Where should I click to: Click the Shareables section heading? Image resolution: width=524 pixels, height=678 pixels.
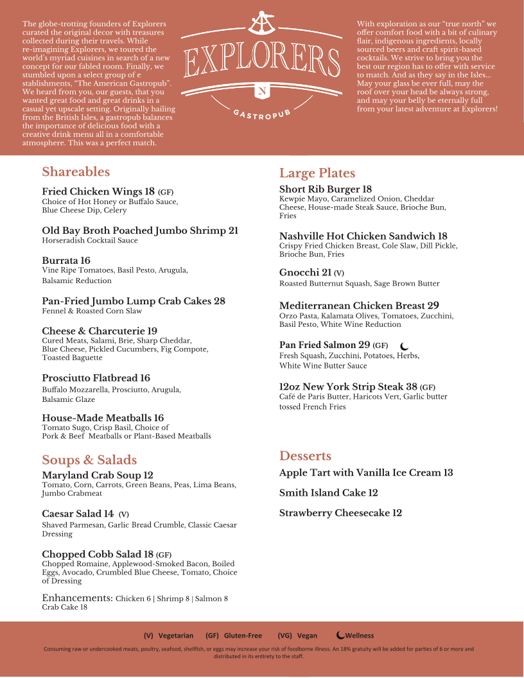[76, 172]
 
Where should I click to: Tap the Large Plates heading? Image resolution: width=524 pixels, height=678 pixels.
[317, 173]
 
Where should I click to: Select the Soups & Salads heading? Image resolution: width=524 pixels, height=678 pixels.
[89, 460]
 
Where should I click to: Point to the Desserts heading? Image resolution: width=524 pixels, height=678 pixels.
[305, 456]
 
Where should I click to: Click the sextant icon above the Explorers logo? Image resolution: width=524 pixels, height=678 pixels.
[262, 24]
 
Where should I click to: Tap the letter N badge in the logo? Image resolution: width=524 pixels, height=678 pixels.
[262, 91]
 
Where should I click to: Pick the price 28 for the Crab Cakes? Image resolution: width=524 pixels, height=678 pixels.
[219, 301]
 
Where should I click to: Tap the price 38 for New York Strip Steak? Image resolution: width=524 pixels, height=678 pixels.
[411, 387]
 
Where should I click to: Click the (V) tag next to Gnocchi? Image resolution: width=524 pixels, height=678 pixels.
[339, 273]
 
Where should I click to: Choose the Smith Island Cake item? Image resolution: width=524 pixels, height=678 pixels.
[328, 493]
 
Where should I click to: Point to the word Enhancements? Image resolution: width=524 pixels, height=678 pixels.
[77, 598]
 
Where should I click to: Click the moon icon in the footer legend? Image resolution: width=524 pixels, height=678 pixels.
[340, 636]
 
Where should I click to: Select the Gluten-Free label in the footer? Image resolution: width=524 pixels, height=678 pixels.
[243, 636]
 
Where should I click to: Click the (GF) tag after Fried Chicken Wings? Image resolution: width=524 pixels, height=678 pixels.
[166, 192]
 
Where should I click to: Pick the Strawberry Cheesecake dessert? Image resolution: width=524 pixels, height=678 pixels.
[340, 513]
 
